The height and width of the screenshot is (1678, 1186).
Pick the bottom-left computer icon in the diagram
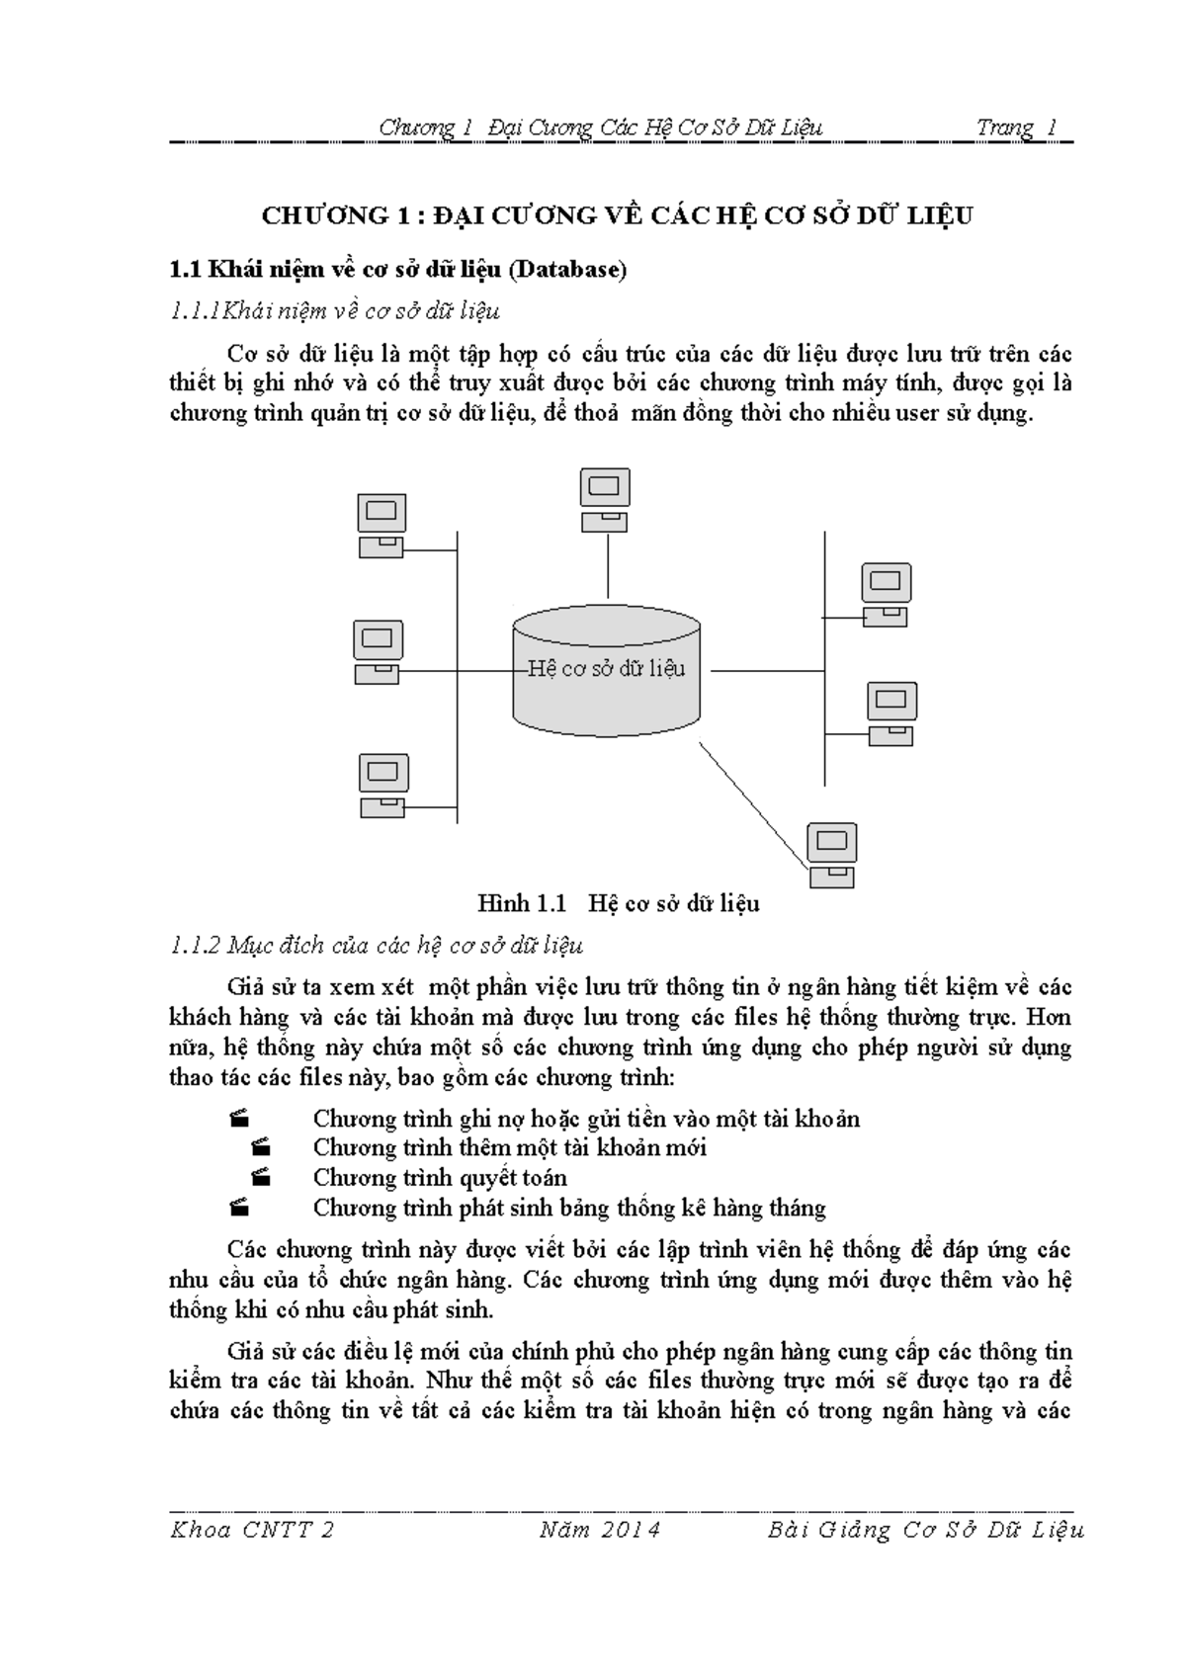click(x=383, y=786)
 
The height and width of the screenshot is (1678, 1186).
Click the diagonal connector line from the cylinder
click(x=751, y=802)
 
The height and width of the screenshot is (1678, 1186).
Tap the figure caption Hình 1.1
click(x=521, y=902)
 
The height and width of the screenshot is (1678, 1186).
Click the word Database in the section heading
click(x=574, y=270)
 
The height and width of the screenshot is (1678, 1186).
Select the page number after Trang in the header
click(x=1052, y=127)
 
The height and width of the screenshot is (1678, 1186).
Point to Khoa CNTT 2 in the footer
click(x=253, y=1530)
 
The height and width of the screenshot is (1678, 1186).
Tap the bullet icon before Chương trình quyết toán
click(x=261, y=1177)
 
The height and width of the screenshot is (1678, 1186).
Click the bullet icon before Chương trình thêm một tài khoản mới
click(x=261, y=1147)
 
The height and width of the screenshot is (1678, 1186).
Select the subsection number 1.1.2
click(x=194, y=946)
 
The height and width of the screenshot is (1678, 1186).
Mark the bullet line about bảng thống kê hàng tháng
click(x=569, y=1208)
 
